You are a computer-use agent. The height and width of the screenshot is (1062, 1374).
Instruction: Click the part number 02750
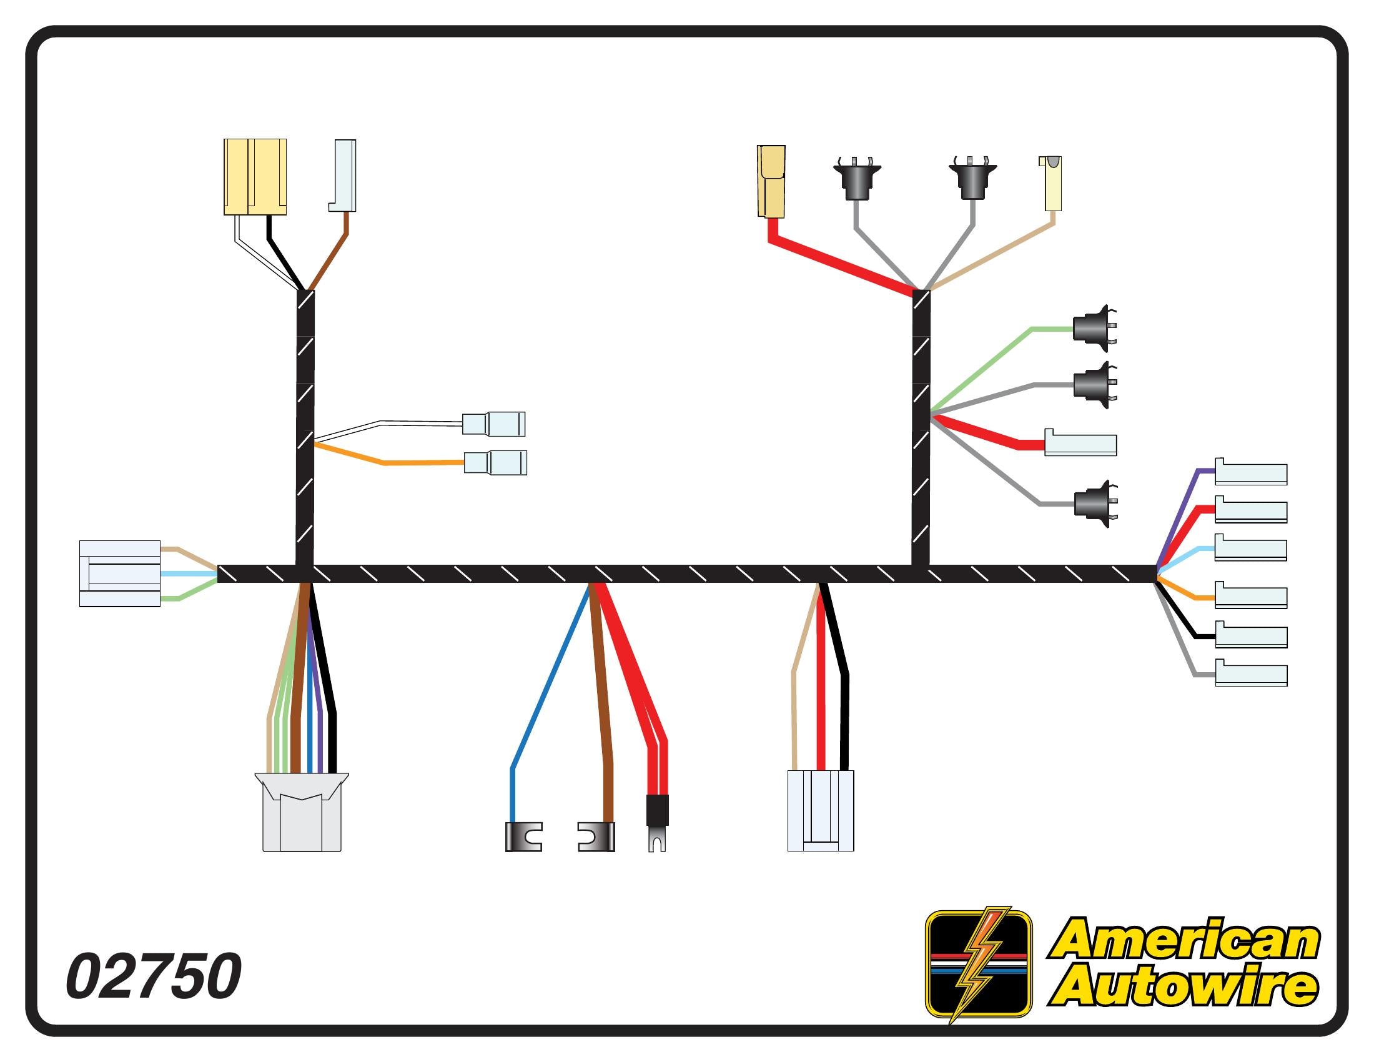coord(154,976)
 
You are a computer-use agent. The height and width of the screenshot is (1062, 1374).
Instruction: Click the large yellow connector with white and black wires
coord(255,177)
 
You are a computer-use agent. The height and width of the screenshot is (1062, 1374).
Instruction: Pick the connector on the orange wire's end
coord(495,462)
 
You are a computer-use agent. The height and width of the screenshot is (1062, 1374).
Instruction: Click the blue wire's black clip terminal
coord(523,836)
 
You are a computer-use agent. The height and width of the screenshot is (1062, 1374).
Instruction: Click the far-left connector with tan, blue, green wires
coord(119,573)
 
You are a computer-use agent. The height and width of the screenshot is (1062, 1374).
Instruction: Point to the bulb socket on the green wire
coord(1094,329)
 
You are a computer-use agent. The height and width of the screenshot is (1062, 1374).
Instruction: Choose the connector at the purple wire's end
coord(1251,473)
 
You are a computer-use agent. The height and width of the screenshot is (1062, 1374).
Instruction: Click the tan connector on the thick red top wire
coord(771,181)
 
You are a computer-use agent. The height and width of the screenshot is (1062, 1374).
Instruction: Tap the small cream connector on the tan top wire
coord(1050,183)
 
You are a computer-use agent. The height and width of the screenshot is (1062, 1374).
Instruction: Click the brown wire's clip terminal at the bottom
coord(596,836)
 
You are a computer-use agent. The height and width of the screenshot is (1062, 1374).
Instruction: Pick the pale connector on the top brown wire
coord(344,176)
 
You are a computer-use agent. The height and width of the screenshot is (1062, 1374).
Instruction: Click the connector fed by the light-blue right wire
coord(1251,548)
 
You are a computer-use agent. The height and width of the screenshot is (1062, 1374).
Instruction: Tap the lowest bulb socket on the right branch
coord(1095,504)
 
